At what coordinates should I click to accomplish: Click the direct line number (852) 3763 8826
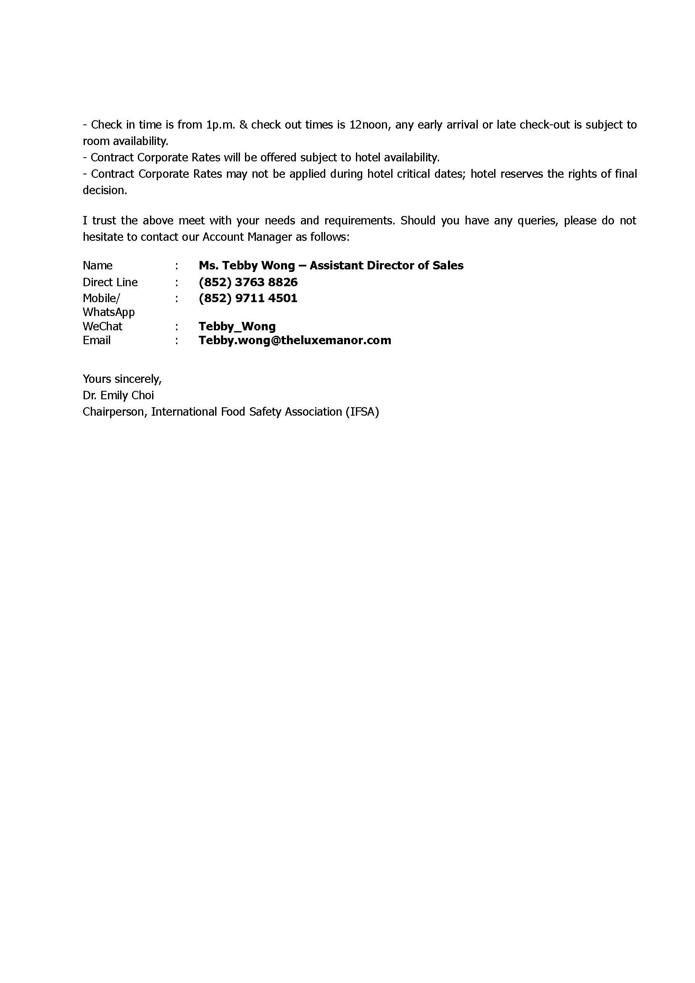pyautogui.click(x=248, y=282)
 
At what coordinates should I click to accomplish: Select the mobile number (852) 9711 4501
pyautogui.click(x=248, y=298)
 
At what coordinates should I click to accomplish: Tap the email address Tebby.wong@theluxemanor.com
pyautogui.click(x=295, y=340)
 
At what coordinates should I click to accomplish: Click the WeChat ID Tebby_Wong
pyautogui.click(x=237, y=326)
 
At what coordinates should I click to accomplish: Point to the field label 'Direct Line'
pyautogui.click(x=110, y=282)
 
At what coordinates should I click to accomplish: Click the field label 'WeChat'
pyautogui.click(x=102, y=326)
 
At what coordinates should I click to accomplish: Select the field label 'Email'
pyautogui.click(x=96, y=340)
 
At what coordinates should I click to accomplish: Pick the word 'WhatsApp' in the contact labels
pyautogui.click(x=108, y=312)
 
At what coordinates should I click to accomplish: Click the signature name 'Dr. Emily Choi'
pyautogui.click(x=118, y=395)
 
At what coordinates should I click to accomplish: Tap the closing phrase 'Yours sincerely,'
pyautogui.click(x=122, y=379)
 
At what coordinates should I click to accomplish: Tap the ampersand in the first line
pyautogui.click(x=244, y=124)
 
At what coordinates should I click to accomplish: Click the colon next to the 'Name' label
pyautogui.click(x=176, y=266)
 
